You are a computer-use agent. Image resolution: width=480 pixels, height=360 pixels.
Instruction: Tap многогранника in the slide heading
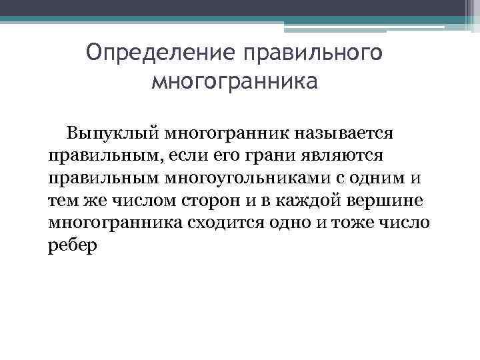[x=235, y=82]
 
